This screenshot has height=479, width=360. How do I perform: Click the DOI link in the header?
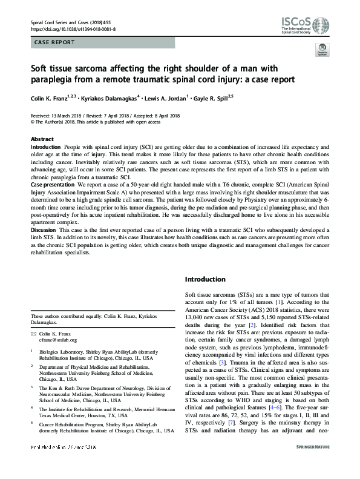(x=73, y=28)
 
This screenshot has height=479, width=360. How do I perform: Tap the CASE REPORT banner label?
(x=55, y=42)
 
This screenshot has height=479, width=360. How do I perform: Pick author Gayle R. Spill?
(x=212, y=97)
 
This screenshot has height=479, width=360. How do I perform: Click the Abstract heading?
(x=42, y=139)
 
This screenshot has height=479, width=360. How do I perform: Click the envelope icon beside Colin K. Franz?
(x=34, y=333)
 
